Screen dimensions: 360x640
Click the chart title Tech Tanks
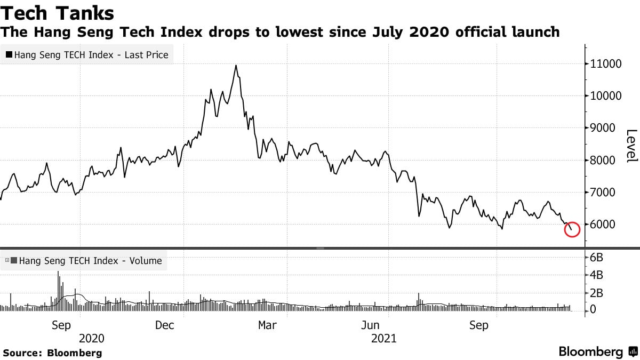coord(57,13)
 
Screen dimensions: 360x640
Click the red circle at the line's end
coord(571,229)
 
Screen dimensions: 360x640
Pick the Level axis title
coord(631,146)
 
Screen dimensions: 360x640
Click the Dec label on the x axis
coord(165,325)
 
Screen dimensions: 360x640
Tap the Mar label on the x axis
coord(267,325)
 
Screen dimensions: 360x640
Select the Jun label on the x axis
coord(370,325)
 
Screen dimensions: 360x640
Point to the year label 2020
coord(91,339)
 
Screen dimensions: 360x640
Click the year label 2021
coord(383,339)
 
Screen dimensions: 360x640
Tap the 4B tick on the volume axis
coord(597,275)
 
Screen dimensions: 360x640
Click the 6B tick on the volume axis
coord(597,258)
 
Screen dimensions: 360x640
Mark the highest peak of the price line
coord(236,66)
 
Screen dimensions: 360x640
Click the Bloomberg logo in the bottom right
coord(597,352)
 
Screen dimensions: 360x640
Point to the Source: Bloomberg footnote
coord(52,353)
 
